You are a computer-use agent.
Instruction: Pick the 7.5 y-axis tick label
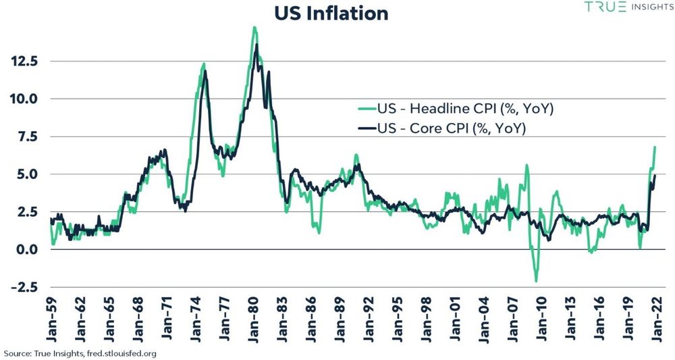pos(26,136)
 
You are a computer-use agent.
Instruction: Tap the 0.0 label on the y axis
pos(26,250)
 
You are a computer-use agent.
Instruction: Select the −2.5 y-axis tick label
pos(23,288)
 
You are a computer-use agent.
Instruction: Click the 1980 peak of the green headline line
pos(254,27)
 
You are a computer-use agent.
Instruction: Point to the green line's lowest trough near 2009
pos(536,281)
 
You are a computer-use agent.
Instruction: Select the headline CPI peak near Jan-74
pos(203,63)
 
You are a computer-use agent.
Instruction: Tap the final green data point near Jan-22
pos(655,147)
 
